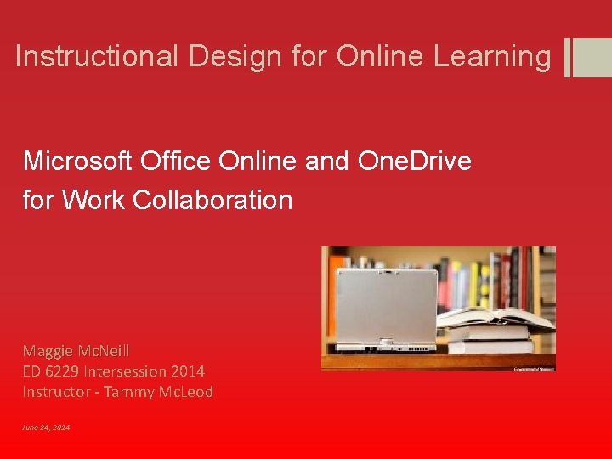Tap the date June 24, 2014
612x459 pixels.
(47, 427)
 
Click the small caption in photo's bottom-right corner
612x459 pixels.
(533, 369)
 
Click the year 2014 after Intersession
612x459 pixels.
(187, 371)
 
